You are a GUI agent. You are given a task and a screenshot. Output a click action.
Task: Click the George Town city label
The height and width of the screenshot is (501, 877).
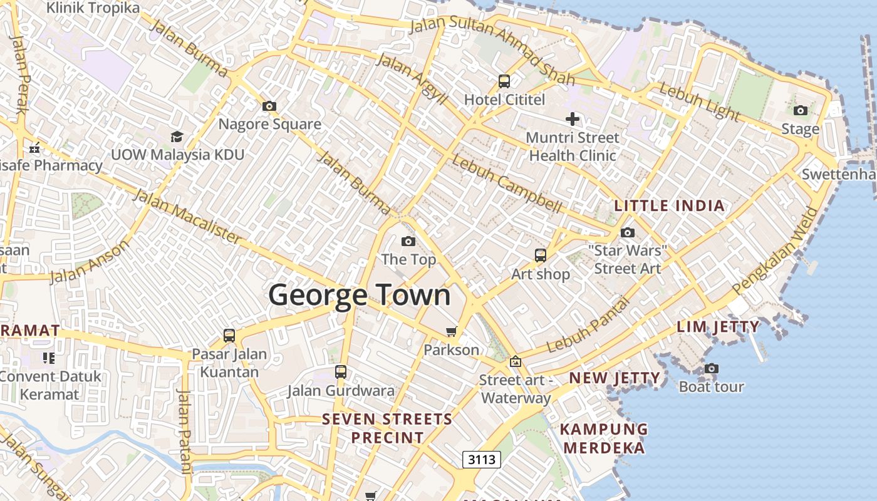tap(360, 295)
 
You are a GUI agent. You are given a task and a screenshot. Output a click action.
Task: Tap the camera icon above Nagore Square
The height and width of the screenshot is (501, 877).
tap(269, 106)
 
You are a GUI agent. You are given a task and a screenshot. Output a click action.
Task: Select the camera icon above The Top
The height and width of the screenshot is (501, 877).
tap(408, 241)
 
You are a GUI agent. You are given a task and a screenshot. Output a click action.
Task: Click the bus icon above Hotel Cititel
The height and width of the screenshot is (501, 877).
tap(504, 81)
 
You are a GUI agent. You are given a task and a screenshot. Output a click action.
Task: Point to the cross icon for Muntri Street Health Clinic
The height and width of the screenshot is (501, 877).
tap(572, 118)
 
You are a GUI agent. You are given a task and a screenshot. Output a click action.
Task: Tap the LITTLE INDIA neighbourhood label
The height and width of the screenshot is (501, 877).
tap(669, 205)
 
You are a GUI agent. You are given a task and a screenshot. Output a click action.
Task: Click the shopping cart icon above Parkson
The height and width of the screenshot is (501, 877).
tap(451, 331)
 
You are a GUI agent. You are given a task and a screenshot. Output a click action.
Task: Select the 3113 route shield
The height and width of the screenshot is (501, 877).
tap(482, 460)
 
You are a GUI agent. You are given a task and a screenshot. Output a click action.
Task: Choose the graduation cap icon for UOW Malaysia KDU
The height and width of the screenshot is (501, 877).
tap(177, 137)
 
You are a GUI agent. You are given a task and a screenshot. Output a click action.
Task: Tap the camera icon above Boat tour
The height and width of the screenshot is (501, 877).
tap(711, 368)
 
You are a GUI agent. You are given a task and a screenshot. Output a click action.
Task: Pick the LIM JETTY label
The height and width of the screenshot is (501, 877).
tap(718, 326)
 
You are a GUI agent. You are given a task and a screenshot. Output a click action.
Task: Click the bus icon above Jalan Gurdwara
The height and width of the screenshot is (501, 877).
tap(341, 372)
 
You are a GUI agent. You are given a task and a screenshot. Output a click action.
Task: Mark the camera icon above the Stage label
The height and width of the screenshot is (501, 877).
tap(800, 111)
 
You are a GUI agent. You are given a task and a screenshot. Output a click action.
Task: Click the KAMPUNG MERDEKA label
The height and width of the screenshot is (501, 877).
tap(603, 438)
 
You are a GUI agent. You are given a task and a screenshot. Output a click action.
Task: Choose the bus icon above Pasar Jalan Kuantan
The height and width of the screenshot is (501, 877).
tap(229, 335)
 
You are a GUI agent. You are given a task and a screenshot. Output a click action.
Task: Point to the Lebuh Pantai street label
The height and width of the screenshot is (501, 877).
tap(587, 325)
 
